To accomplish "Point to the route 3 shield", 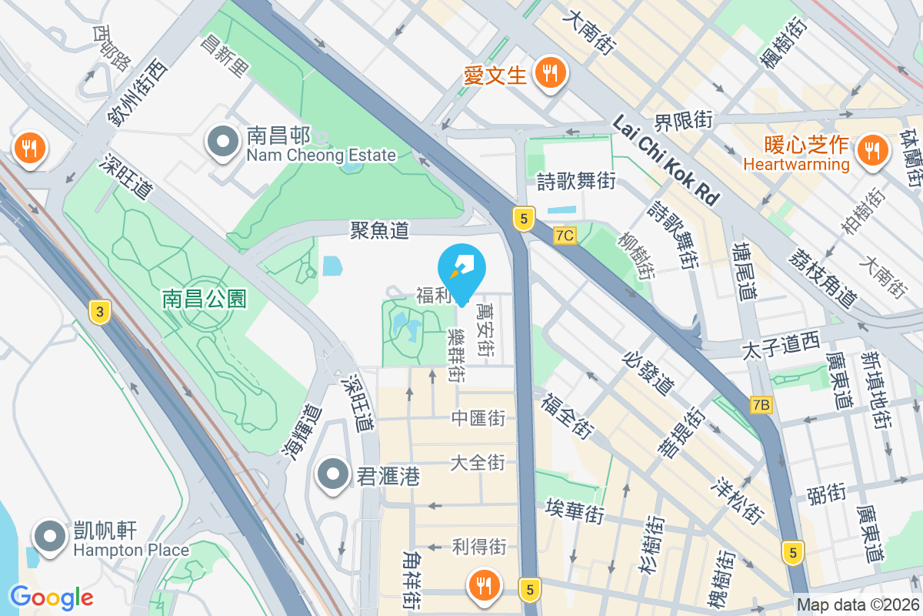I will tap(98, 312).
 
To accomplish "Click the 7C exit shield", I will tap(565, 236).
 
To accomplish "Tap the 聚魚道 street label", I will tap(379, 229).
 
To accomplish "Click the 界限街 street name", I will tap(684, 120).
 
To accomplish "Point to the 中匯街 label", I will tap(478, 418).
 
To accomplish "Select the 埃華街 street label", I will tap(575, 510).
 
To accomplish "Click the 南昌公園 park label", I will tap(205, 299).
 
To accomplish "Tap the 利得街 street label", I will tap(478, 547).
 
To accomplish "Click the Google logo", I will tap(52, 597).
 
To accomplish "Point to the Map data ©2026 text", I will tap(858, 605).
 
